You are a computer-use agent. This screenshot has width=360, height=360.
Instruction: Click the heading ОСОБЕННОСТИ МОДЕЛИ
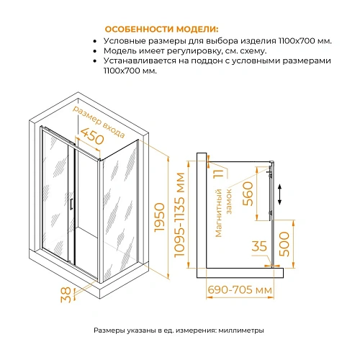click(155, 29)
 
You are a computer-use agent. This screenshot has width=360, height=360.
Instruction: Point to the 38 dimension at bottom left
click(66, 294)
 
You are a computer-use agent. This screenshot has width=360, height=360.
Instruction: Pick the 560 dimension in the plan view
click(248, 194)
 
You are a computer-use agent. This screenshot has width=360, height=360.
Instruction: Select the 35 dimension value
click(260, 246)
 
